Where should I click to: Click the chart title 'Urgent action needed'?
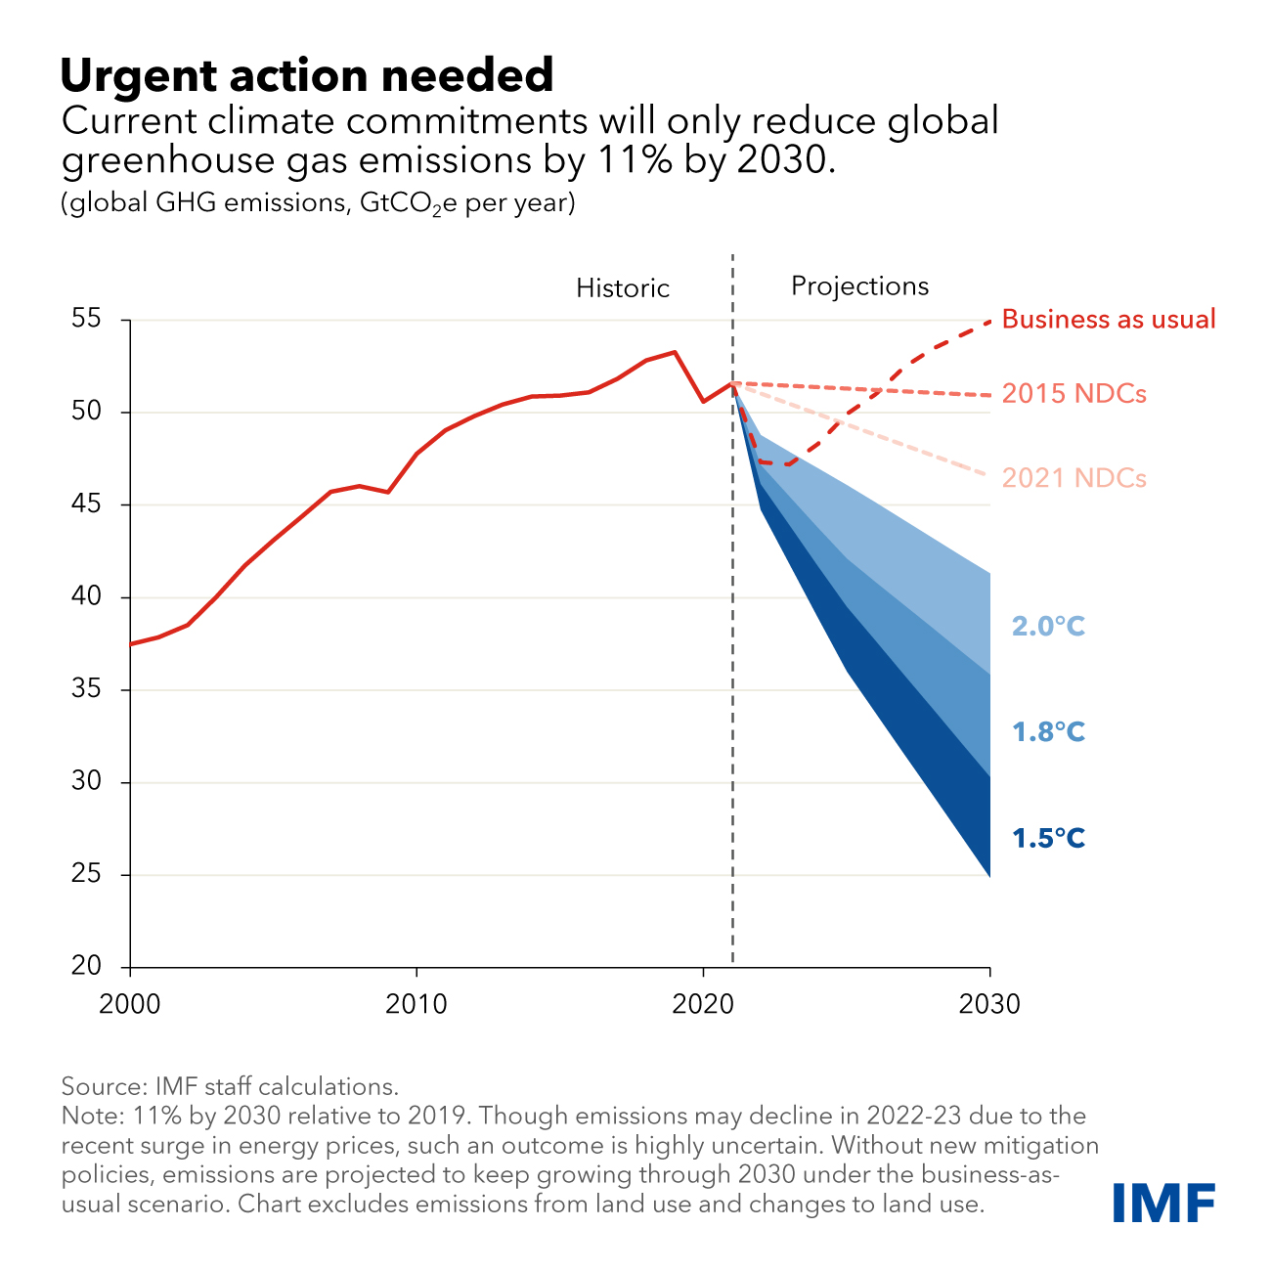(307, 75)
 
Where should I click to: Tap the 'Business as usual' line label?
(1109, 320)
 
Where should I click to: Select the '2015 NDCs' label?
(1074, 394)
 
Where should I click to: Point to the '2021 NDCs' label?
(1074, 478)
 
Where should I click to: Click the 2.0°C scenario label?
(1048, 626)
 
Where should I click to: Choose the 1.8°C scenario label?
(1048, 732)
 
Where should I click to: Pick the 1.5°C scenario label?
(1048, 839)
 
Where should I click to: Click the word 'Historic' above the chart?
(623, 288)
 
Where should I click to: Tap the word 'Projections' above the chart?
(859, 286)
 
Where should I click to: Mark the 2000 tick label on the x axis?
(130, 1004)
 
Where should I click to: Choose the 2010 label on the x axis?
(416, 1004)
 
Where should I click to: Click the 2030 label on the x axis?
(989, 1004)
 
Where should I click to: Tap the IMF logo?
(1163, 1202)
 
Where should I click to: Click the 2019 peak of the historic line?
(675, 352)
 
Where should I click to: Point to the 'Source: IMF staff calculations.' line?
(230, 1086)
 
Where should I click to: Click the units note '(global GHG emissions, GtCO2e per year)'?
(318, 204)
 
